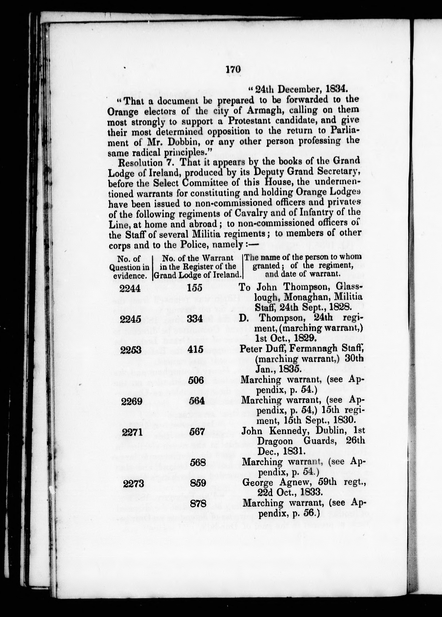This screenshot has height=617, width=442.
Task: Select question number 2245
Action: [130, 319]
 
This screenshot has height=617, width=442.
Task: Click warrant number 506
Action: [196, 380]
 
